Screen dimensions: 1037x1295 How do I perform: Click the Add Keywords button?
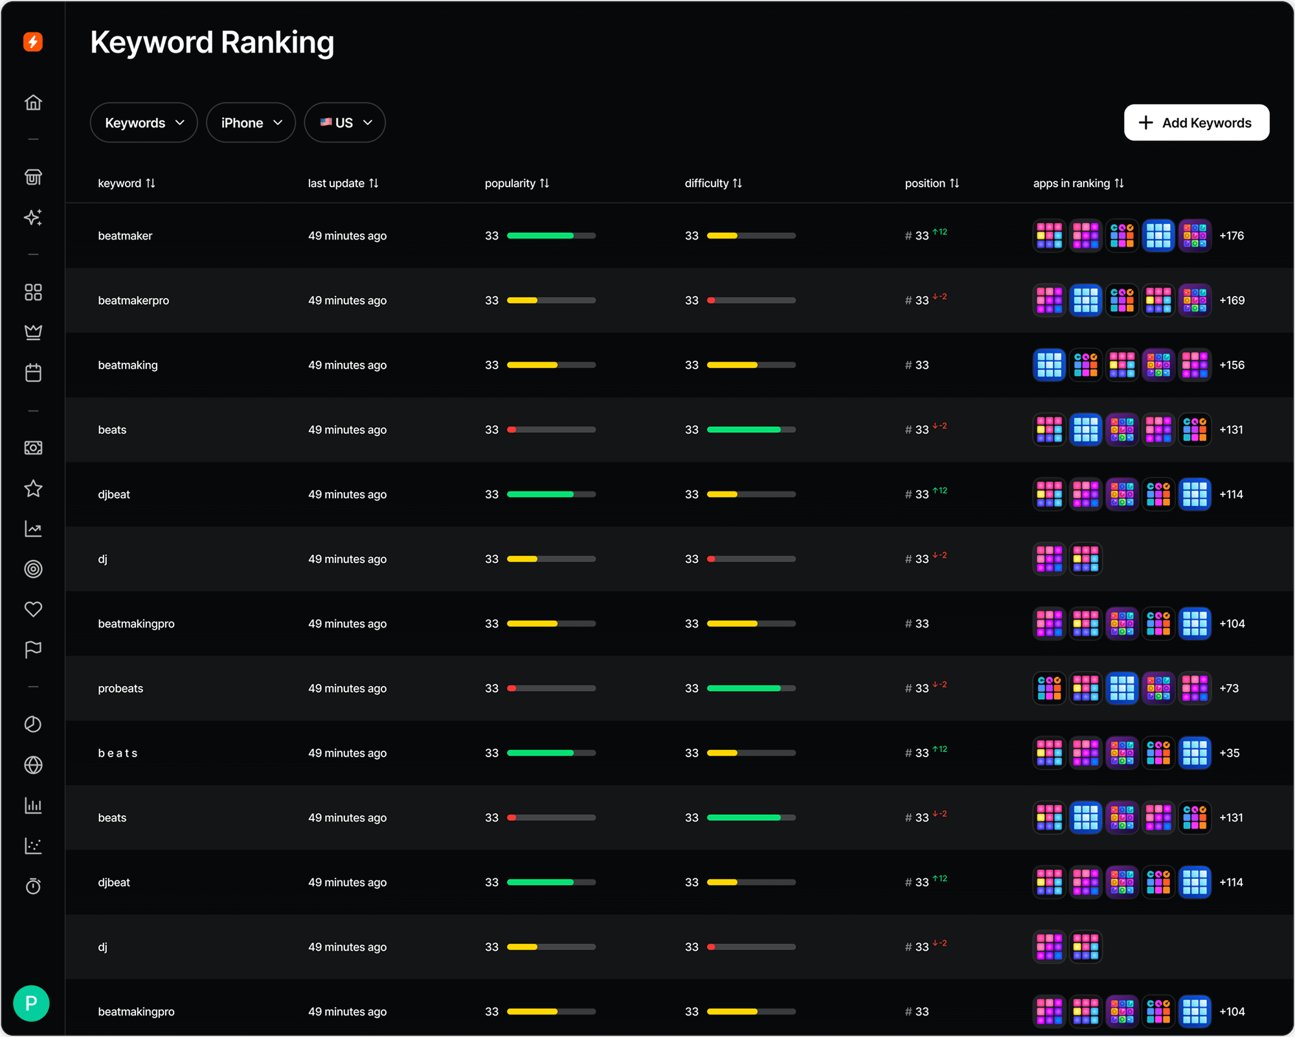(x=1196, y=122)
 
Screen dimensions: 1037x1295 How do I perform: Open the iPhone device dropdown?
(x=251, y=122)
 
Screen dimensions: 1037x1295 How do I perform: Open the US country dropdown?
(x=344, y=122)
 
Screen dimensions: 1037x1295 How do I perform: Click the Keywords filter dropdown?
(x=144, y=122)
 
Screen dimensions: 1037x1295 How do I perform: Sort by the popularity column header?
(x=516, y=183)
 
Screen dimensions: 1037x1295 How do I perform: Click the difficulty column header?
(x=713, y=183)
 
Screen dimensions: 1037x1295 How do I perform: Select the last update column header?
(x=343, y=183)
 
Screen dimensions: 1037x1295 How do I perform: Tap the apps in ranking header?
(x=1078, y=183)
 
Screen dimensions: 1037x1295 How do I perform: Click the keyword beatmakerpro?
(x=133, y=301)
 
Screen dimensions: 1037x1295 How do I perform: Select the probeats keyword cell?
(x=120, y=689)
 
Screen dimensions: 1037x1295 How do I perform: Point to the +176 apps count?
(x=1232, y=236)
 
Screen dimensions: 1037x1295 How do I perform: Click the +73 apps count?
(x=1229, y=689)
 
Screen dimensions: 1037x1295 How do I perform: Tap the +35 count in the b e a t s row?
(x=1229, y=753)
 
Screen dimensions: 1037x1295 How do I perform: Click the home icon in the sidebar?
(x=33, y=102)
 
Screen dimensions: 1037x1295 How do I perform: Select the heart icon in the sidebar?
(x=33, y=609)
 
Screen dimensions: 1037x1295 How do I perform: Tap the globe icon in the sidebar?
(x=33, y=765)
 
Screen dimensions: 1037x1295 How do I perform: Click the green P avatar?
(x=31, y=1003)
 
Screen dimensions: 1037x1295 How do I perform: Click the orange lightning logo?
(x=33, y=42)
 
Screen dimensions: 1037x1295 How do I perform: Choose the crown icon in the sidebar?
(x=33, y=332)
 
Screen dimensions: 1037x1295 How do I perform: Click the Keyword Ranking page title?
(x=212, y=43)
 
